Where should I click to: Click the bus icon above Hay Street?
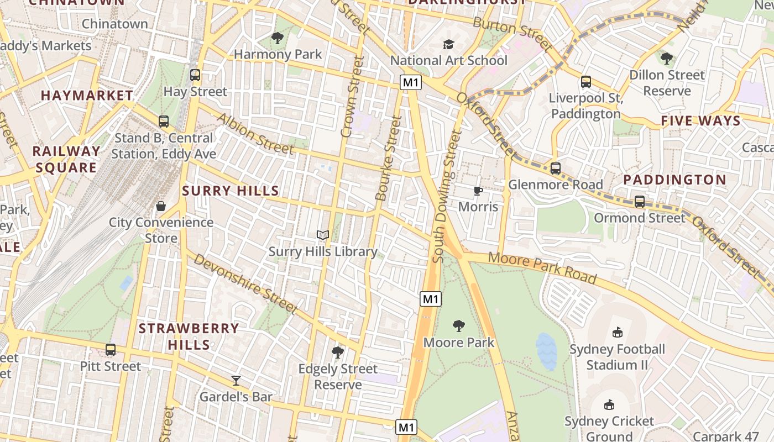click(x=195, y=75)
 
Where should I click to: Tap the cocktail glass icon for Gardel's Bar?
click(x=236, y=380)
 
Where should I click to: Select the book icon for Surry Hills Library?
click(x=323, y=235)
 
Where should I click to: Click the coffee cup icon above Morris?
click(x=478, y=191)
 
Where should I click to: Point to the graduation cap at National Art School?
click(x=448, y=44)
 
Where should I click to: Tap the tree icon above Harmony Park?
click(x=278, y=38)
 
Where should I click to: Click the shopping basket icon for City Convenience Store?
click(x=160, y=206)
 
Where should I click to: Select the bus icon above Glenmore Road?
click(x=556, y=168)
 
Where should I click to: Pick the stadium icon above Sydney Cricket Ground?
click(x=609, y=405)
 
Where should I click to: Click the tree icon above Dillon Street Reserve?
click(x=667, y=58)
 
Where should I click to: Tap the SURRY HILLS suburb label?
click(x=231, y=191)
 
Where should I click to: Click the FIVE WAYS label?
click(x=700, y=121)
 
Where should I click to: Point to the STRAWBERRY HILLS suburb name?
click(x=189, y=336)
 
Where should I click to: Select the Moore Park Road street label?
click(x=542, y=268)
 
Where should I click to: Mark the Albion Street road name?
click(x=255, y=134)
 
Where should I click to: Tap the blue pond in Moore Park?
click(x=546, y=351)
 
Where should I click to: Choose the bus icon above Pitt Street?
click(x=111, y=350)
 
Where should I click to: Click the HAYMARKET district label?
click(x=87, y=96)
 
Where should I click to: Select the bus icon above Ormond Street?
click(x=640, y=202)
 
